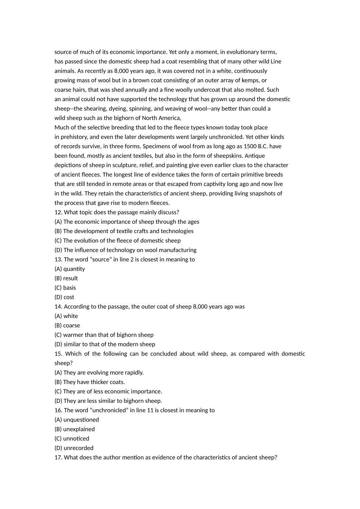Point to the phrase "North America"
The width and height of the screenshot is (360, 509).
coord(161,118)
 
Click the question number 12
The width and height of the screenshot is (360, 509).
coord(58,212)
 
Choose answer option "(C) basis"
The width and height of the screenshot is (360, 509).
coord(65,287)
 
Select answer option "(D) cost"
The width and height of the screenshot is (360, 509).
coord(64,297)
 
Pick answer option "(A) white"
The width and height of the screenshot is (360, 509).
coord(66,316)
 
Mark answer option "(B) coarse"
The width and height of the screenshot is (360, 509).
coord(67,325)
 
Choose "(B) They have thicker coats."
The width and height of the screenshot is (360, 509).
coord(89,382)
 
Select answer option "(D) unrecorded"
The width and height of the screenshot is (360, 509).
coord(74,448)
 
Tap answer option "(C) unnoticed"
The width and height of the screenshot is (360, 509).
coord(72,438)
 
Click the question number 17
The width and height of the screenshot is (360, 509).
coord(58,457)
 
